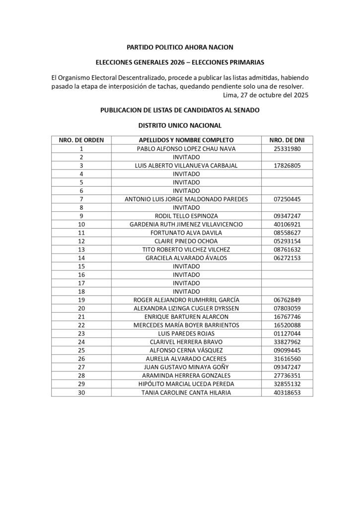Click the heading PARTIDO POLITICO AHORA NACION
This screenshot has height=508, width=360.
[180, 47]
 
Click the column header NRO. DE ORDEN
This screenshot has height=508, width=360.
[81, 140]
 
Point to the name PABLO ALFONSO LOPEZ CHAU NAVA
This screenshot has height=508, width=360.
[186, 148]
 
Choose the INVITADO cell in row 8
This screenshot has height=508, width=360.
[186, 207]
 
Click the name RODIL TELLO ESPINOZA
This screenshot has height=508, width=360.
[186, 215]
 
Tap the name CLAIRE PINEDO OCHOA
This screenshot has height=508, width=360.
[186, 241]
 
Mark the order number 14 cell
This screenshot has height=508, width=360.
[81, 257]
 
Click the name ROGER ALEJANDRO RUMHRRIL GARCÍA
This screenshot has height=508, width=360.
[186, 300]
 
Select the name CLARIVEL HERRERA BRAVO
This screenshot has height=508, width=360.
[186, 341]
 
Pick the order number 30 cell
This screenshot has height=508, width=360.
[81, 392]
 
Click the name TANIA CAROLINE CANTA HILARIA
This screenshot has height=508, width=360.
[186, 392]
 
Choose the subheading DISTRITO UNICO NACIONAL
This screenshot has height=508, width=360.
[180, 126]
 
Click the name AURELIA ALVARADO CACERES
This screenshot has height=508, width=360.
[186, 358]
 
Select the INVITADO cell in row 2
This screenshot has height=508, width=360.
[186, 157]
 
